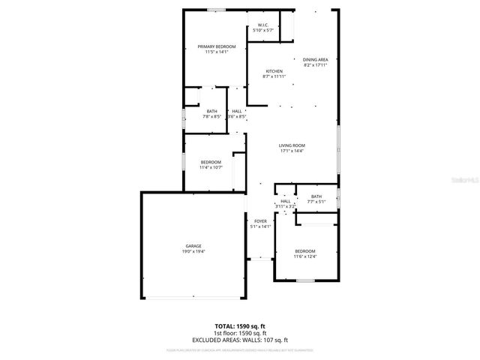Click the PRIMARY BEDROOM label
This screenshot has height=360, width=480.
point(216,46)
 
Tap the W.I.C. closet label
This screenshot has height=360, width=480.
point(263,25)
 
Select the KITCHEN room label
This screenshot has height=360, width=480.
point(273,71)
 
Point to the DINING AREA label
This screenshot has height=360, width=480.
point(315,59)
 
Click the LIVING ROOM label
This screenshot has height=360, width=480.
point(292,145)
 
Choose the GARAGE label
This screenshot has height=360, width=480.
point(193,246)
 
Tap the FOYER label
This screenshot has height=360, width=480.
point(260,221)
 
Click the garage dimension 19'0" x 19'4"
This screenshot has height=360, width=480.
point(193,252)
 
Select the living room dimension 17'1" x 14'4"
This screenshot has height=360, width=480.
point(292,151)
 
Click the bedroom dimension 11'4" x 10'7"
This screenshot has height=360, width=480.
point(211,167)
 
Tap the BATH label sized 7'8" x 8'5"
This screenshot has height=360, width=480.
point(212,112)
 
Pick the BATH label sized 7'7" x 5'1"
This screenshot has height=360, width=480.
point(316,196)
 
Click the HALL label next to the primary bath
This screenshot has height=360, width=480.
point(237,111)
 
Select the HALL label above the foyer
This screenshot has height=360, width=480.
point(285,201)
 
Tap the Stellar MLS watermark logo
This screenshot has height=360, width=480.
point(463,180)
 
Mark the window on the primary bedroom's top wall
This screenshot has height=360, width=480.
point(217,10)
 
